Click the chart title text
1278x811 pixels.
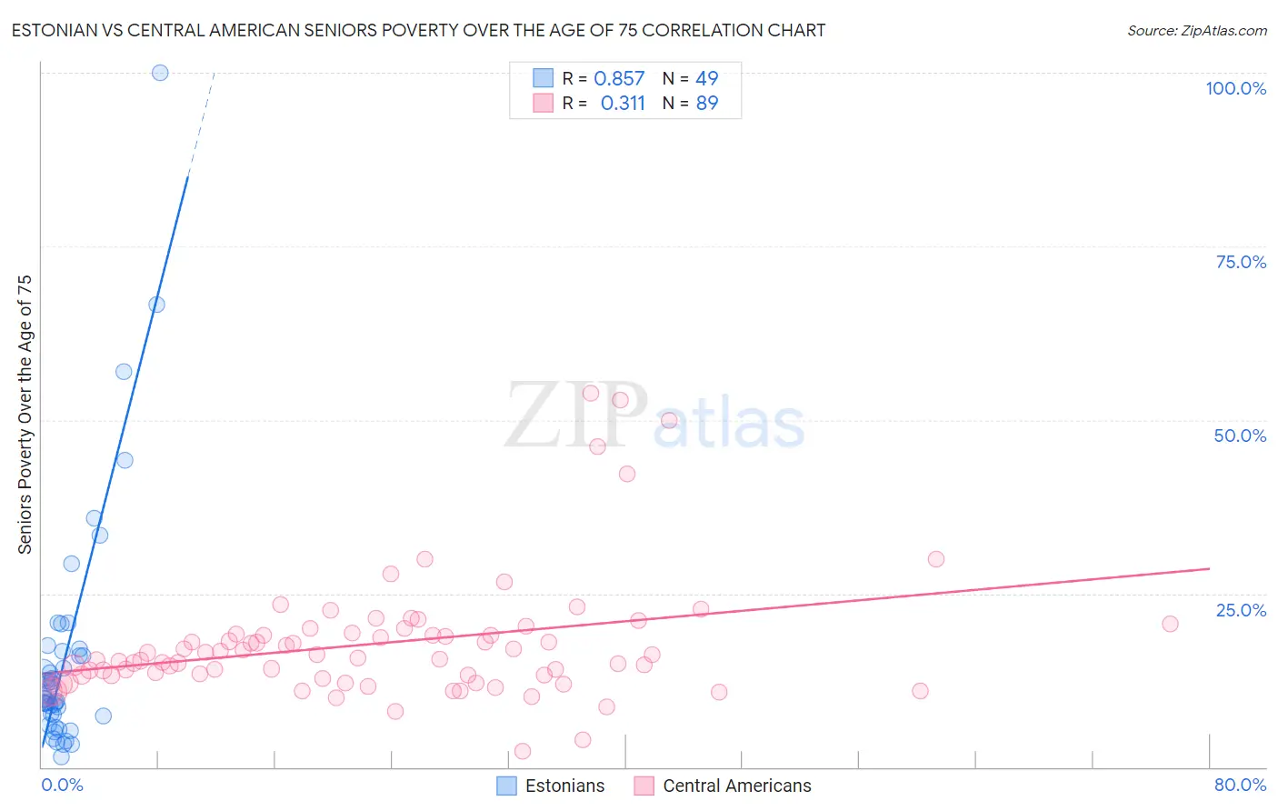[418, 30]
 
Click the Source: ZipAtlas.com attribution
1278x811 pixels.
[1196, 30]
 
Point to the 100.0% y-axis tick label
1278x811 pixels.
[1235, 88]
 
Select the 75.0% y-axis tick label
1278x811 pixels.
[1241, 262]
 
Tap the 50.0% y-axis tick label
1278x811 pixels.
[1240, 436]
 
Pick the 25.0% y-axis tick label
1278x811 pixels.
[1241, 610]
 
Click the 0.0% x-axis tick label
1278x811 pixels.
[62, 785]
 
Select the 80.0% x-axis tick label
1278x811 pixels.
[1240, 785]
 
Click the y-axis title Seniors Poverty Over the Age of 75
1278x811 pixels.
[25, 414]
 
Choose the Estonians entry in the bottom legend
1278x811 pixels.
[551, 786]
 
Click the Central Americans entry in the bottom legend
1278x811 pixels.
[723, 786]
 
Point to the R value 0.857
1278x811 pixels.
[619, 79]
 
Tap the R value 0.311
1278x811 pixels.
[623, 104]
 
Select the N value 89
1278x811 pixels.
[707, 104]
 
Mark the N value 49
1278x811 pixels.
[707, 79]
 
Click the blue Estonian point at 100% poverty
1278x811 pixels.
[160, 73]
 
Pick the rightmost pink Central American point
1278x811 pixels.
[1170, 624]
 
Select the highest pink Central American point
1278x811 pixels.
[591, 394]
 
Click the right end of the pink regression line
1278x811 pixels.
[1209, 568]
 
